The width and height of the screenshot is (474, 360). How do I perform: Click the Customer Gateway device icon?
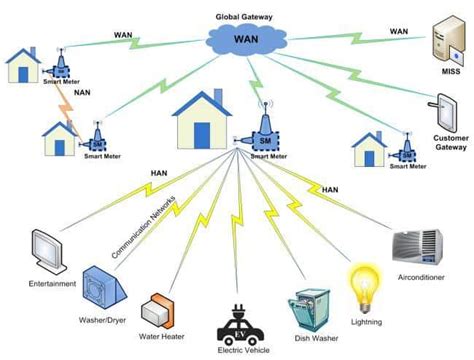click(446, 113)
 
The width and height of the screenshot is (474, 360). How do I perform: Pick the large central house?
click(203, 118)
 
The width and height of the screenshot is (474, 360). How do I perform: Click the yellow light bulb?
click(361, 283)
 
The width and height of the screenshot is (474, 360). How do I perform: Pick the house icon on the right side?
click(369, 147)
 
